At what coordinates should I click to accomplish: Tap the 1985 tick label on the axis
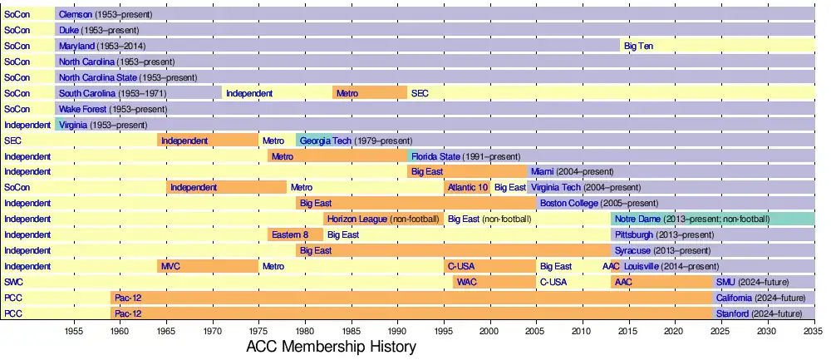point(352,330)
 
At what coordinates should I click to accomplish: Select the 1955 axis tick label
point(74,330)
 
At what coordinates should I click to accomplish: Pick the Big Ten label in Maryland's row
point(638,46)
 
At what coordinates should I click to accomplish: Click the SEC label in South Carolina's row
point(420,93)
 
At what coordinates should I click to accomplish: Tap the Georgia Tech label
point(326,141)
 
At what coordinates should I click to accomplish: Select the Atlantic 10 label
point(468,188)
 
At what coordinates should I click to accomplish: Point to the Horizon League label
point(357,219)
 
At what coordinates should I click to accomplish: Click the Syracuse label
point(632,250)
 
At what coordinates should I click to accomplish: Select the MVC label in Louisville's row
point(170,267)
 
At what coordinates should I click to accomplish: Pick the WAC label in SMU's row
point(467,283)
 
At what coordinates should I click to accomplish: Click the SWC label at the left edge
point(12,283)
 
